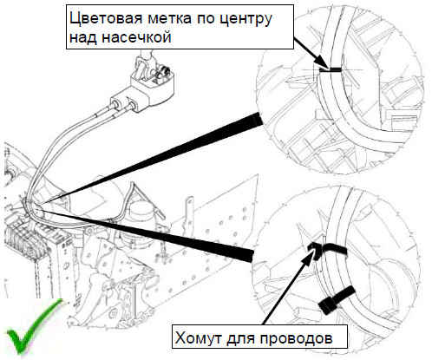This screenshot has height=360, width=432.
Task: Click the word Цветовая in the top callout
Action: (x=106, y=19)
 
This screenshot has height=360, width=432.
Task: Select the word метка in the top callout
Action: (x=170, y=19)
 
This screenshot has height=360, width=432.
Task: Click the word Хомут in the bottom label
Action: (x=199, y=337)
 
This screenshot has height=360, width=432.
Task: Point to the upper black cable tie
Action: (x=327, y=249)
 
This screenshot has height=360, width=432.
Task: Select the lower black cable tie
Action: (x=336, y=299)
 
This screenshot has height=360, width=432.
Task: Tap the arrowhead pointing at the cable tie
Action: (x=308, y=255)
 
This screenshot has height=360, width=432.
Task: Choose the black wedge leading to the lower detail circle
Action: (x=147, y=235)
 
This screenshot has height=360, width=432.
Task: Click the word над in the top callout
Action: (x=83, y=38)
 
